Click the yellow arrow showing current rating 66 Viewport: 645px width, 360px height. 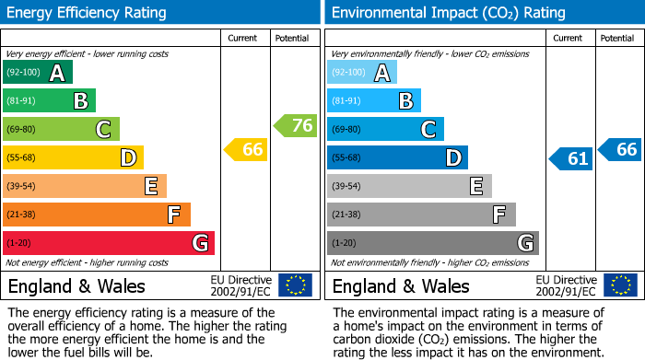point(247,149)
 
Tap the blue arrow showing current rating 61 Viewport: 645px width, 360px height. point(571,158)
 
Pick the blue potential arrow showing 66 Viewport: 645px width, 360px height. point(621,149)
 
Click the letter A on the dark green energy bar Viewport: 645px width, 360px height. point(57,74)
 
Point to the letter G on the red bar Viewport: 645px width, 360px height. point(199,243)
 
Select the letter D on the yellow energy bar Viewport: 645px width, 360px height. point(128,158)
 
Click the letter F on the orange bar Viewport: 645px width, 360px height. point(174,215)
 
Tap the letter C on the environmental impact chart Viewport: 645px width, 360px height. point(428,130)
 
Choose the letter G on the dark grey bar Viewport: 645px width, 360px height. point(524,243)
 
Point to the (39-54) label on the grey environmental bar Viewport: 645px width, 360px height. point(346,187)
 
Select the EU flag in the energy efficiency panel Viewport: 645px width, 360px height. point(295,285)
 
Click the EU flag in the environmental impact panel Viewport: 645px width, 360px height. point(619,285)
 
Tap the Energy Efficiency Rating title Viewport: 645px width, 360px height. point(87,13)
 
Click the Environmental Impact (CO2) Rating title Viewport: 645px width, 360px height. point(448,13)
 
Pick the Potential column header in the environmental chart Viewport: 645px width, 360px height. point(616,38)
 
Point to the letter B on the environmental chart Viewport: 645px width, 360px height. point(405,101)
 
